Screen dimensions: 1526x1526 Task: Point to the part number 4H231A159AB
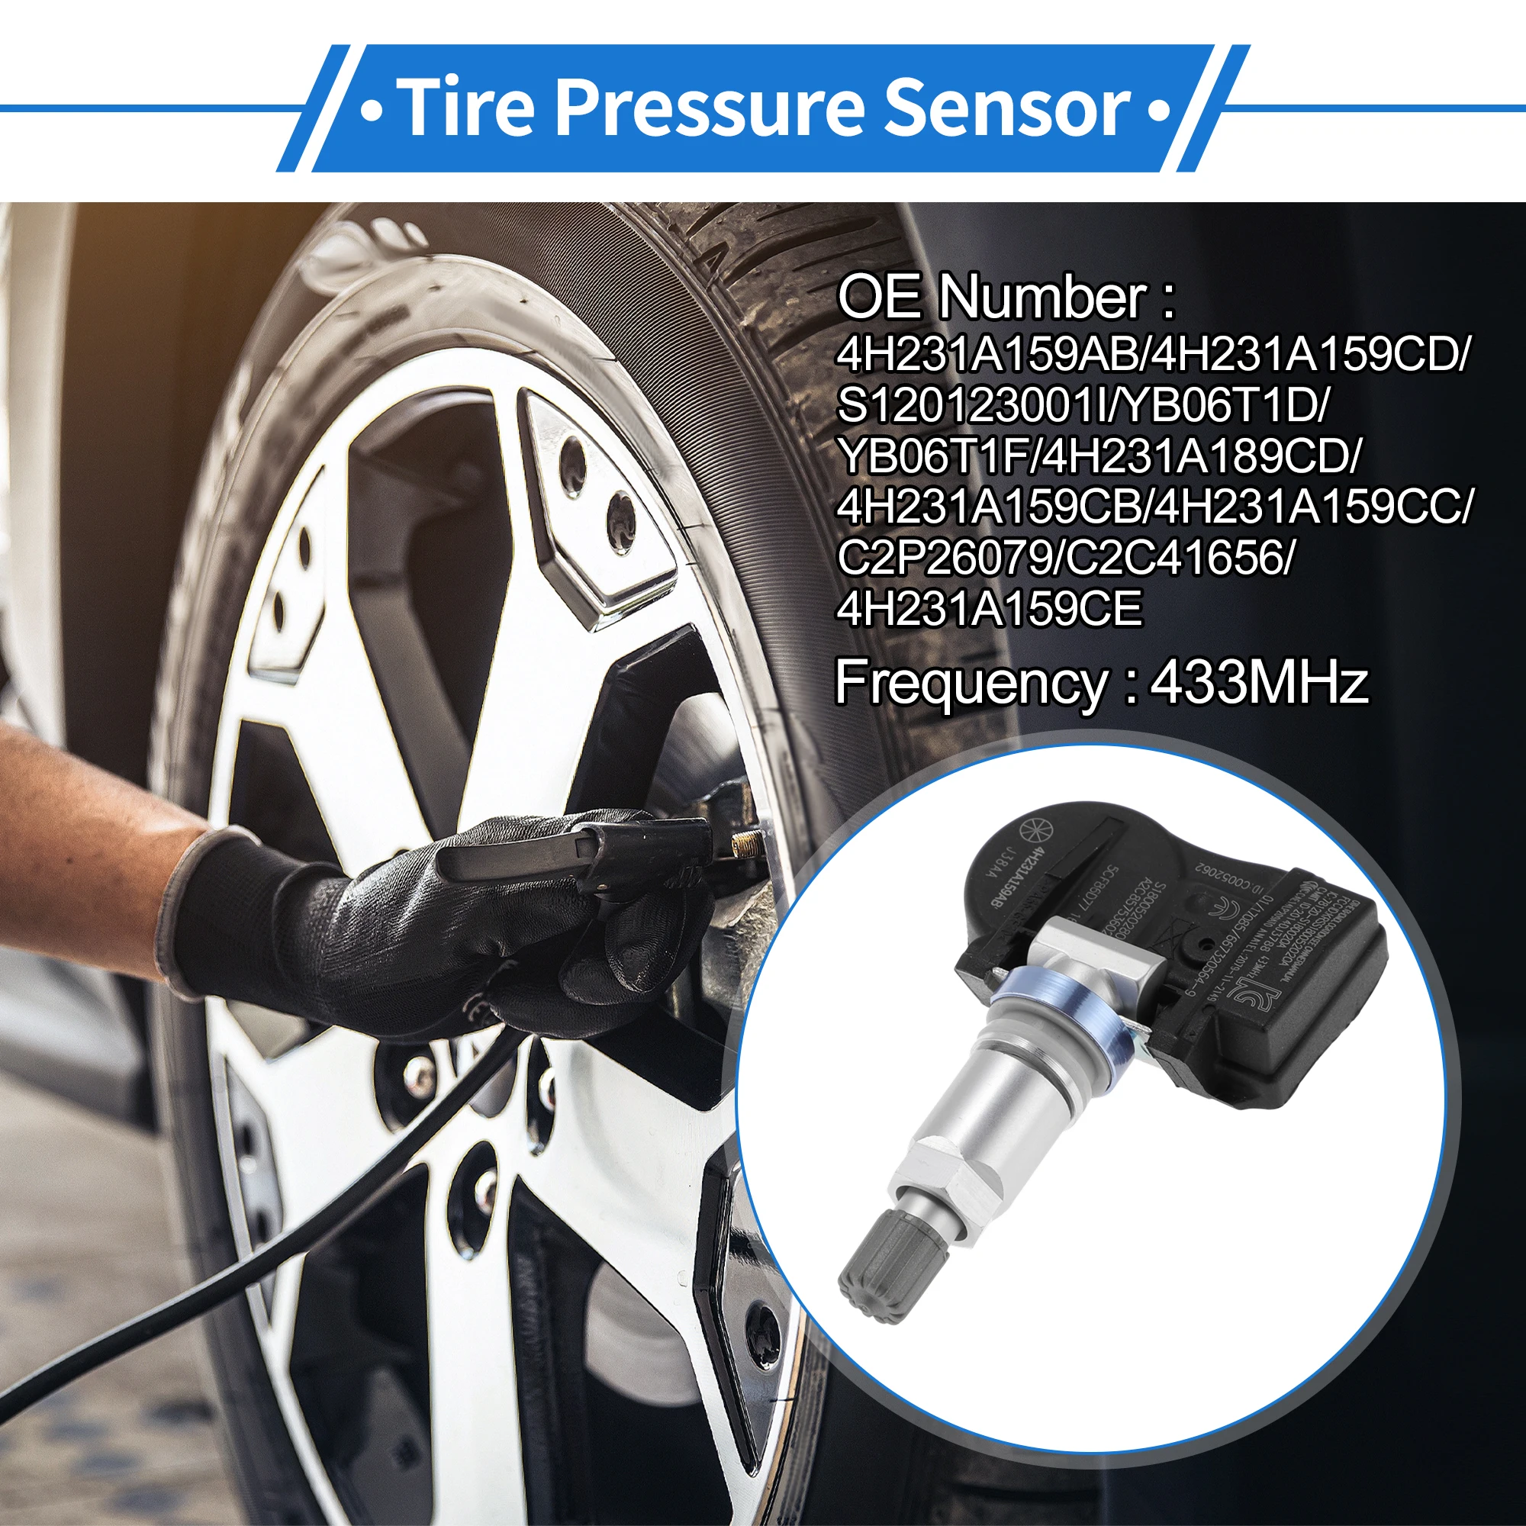987,355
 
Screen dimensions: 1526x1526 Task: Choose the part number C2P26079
943,559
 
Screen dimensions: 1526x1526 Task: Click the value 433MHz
1258,682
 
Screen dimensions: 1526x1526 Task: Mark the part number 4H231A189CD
1197,457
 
